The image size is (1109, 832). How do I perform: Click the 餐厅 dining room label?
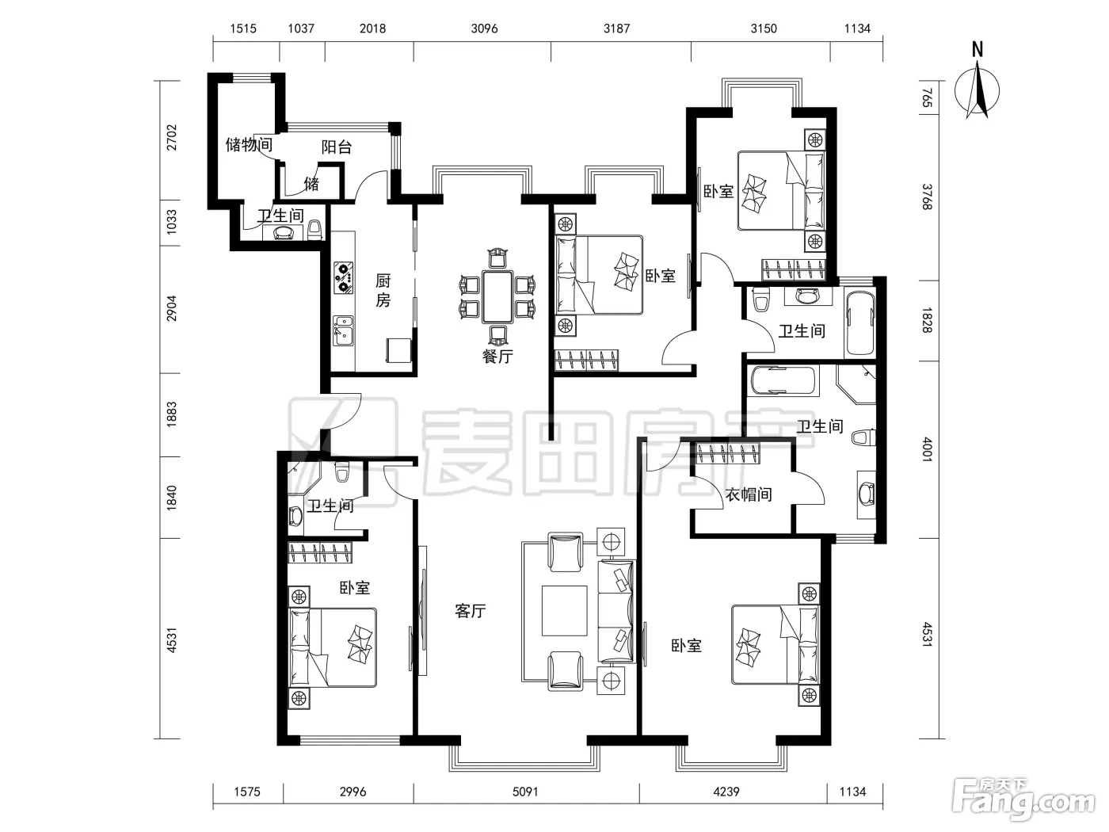497,356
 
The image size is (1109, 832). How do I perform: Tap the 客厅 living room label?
471,611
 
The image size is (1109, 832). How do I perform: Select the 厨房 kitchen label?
383,291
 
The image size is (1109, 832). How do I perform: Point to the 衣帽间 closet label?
749,494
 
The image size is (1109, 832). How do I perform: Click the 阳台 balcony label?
337,147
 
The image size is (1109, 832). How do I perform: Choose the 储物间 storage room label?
249,145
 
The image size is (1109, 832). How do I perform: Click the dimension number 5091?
525,792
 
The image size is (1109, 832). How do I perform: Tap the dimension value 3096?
484,29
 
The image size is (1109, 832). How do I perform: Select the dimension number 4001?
927,449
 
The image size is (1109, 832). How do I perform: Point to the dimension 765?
927,97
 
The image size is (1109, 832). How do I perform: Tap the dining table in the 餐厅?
497,297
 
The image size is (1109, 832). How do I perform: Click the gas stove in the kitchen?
344,277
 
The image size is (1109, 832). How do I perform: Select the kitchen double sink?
343,331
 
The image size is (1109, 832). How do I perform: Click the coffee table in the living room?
564,611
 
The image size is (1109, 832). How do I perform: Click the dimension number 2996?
353,792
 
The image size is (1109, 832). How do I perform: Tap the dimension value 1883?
172,414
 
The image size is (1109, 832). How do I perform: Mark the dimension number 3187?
617,29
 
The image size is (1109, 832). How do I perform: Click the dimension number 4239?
726,792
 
